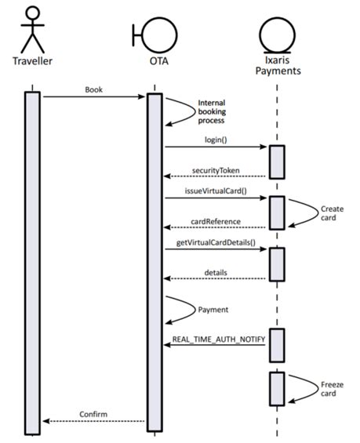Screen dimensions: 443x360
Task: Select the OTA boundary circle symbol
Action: [x=158, y=31]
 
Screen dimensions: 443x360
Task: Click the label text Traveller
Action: [x=32, y=61]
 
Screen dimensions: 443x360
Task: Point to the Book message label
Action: [x=93, y=89]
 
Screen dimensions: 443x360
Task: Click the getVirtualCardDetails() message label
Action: [x=215, y=242]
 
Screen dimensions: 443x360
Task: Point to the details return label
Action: [x=216, y=272]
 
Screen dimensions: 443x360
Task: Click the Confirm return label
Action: [x=93, y=413]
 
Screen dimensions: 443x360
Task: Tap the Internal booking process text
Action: [x=211, y=111]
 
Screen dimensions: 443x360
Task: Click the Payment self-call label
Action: [x=213, y=309]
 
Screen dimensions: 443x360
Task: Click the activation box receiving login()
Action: [x=277, y=162]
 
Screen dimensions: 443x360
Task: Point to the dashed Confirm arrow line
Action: [x=93, y=421]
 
